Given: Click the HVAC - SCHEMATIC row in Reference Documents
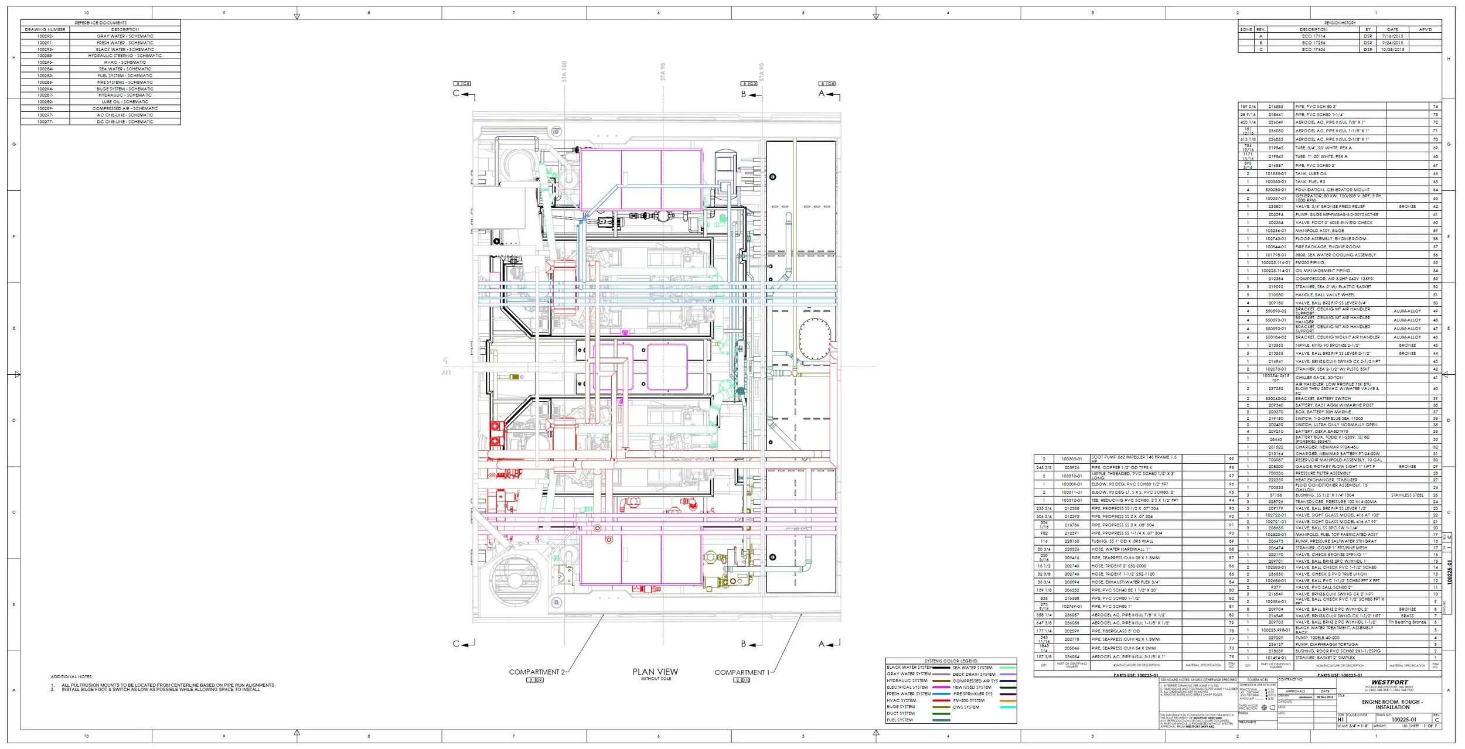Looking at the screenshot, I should click(125, 62).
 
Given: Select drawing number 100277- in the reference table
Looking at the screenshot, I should click(45, 122).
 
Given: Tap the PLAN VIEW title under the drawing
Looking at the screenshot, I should click(655, 672).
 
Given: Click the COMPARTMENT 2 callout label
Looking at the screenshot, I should click(536, 672).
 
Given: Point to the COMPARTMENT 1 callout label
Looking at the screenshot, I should click(741, 672).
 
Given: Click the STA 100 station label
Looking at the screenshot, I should click(564, 71).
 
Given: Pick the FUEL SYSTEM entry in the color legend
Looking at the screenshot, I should click(900, 720).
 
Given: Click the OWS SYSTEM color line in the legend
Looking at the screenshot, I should click(1007, 707).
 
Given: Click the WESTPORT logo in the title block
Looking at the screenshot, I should click(1389, 682).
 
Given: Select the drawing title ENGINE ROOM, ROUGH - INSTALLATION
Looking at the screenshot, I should click(1392, 704).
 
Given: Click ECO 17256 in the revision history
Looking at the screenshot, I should click(1313, 43).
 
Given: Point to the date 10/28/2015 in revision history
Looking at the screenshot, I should click(1392, 50).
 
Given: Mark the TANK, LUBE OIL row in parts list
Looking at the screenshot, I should click(1310, 173).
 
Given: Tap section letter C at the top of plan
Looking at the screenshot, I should click(456, 93).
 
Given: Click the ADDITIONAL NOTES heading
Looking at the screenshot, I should click(71, 676).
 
